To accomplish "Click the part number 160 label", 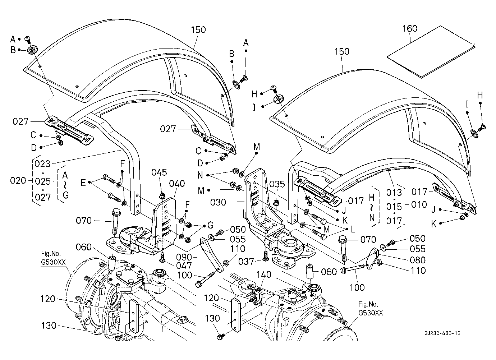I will (x=410, y=28).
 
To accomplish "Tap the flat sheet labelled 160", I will (x=431, y=52).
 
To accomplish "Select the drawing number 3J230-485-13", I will (x=442, y=333).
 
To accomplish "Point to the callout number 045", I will (x=159, y=172).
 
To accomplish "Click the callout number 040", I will (x=177, y=184).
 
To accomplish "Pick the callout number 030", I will (x=228, y=202).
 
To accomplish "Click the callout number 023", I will (x=43, y=164).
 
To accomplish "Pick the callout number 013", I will (x=394, y=193).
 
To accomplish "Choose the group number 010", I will (x=419, y=205).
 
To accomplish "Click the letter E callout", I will (x=83, y=183).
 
